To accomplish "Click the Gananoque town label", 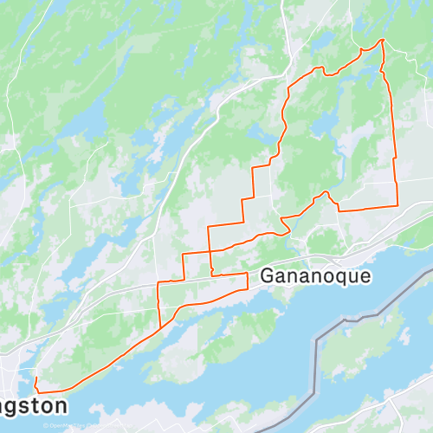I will (x=315, y=276).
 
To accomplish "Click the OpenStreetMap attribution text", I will (x=73, y=426).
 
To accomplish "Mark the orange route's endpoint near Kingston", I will (x=35, y=379).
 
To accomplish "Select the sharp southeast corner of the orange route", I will (x=397, y=206).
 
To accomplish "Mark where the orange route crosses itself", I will (x=210, y=252).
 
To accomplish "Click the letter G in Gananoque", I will (x=267, y=276).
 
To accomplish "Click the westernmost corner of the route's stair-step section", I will (x=158, y=283).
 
